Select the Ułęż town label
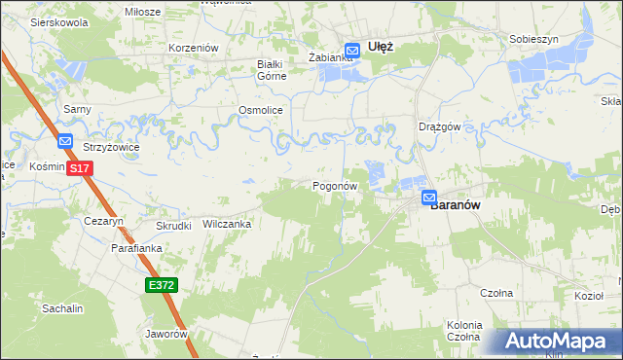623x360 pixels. tap(380, 45)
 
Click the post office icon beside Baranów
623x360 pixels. tap(429, 198)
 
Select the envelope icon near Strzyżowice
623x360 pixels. tap(65, 142)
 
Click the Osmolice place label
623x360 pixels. tap(261, 111)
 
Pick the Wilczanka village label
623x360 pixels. tap(227, 224)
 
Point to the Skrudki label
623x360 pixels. tap(173, 226)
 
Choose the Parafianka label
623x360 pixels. tap(135, 248)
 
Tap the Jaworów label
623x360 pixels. tap(165, 334)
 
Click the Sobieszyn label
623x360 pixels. tap(532, 40)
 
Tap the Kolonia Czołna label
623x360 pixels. tap(463, 330)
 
